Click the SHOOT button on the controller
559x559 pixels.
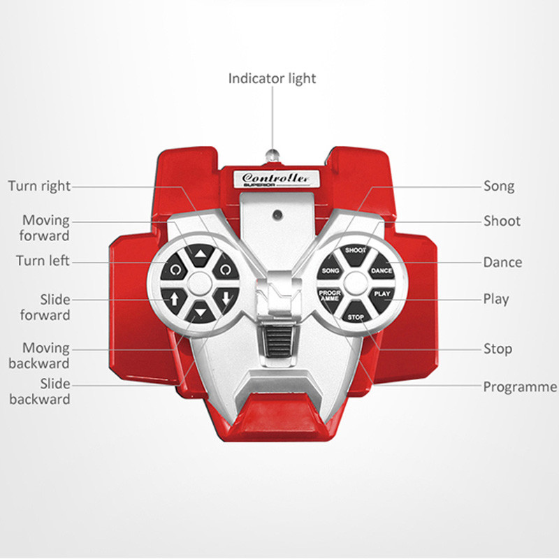click(356, 251)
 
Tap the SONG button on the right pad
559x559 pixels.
click(331, 270)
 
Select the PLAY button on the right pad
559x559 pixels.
click(382, 293)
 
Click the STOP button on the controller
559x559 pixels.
click(356, 317)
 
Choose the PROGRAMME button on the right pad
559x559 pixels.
click(330, 296)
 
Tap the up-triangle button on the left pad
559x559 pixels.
click(201, 254)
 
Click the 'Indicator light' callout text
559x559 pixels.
click(272, 78)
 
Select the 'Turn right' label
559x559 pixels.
click(39, 186)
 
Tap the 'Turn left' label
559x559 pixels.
click(43, 261)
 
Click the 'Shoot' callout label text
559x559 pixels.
click(502, 222)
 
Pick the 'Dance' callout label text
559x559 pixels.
click(502, 263)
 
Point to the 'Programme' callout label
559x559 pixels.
click(520, 387)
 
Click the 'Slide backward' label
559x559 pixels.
click(39, 391)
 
